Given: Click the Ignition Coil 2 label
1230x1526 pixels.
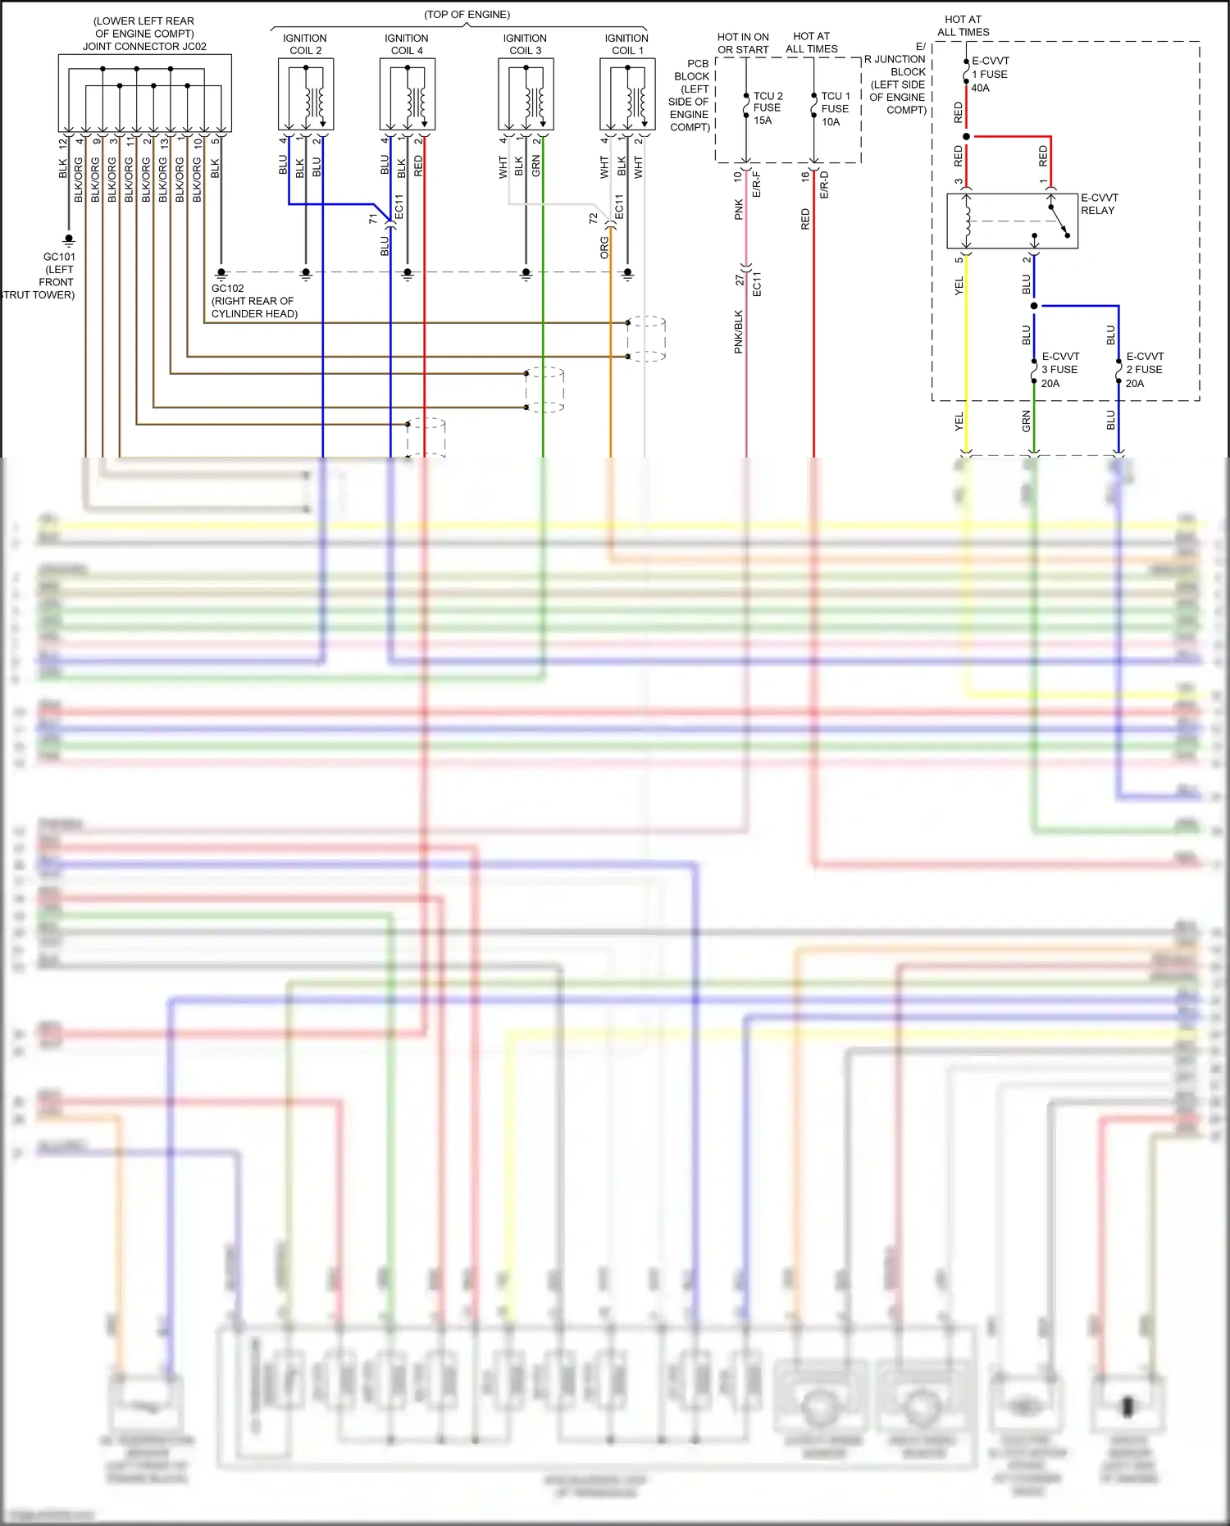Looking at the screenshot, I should pyautogui.click(x=304, y=44).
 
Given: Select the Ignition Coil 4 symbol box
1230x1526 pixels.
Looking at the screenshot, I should pyautogui.click(x=407, y=93).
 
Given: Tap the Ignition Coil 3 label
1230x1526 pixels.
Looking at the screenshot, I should pyautogui.click(x=525, y=44).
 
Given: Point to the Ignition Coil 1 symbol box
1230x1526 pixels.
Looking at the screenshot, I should pyautogui.click(x=627, y=93).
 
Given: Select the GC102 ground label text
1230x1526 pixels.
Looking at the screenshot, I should pyautogui.click(x=253, y=301).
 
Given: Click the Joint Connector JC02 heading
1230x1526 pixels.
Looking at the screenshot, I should pyautogui.click(x=144, y=34).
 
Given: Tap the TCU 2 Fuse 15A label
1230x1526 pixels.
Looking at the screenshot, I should pyautogui.click(x=767, y=107).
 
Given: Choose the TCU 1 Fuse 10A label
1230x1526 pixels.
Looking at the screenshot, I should pyautogui.click(x=835, y=108).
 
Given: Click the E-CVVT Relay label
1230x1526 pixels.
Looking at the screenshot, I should pyautogui.click(x=1099, y=204).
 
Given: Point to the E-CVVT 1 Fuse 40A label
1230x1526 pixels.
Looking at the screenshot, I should pyautogui.click(x=990, y=74).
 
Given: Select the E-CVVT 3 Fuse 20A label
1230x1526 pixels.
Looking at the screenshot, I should pyautogui.click(x=1060, y=369).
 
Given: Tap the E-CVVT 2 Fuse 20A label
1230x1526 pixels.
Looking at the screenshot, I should pyautogui.click(x=1145, y=369).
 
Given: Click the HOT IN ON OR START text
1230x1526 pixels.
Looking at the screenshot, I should pyautogui.click(x=743, y=43).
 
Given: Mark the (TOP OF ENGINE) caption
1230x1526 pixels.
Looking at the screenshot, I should pyautogui.click(x=467, y=15).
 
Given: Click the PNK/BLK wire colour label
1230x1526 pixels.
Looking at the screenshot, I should pyautogui.click(x=738, y=331).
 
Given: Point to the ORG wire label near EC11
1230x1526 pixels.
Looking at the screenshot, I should pyautogui.click(x=604, y=247).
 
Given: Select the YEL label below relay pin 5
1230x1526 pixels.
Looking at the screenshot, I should pyautogui.click(x=959, y=285).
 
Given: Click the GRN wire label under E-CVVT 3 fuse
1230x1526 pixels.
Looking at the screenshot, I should pyautogui.click(x=1026, y=421).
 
